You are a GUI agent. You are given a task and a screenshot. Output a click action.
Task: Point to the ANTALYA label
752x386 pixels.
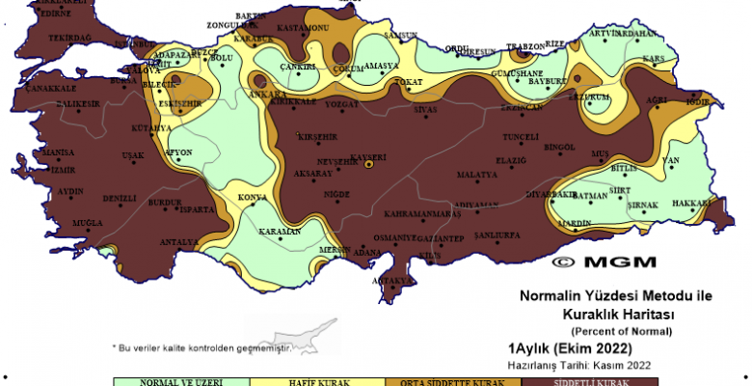coord(179,241)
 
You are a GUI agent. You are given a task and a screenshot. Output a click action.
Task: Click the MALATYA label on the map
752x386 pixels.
coord(476,175)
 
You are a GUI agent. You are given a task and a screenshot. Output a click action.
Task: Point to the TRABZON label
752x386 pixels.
coord(526,47)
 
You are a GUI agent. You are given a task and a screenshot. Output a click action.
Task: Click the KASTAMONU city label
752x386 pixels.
coord(304,29)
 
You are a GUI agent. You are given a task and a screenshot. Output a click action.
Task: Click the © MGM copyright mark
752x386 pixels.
coord(604,262)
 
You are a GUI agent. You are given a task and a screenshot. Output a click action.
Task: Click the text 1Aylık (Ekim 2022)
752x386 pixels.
coord(570,348)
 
